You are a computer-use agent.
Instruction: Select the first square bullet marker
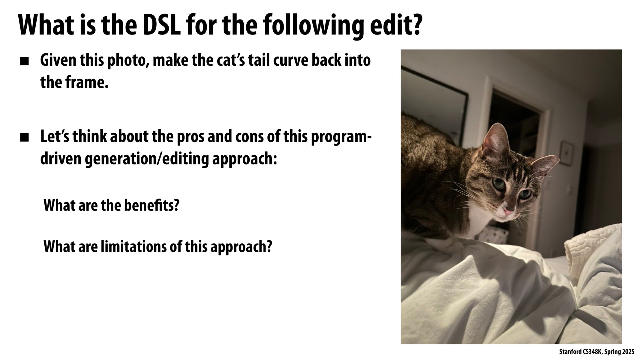(25, 62)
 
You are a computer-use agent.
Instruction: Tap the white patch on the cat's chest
(477, 222)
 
